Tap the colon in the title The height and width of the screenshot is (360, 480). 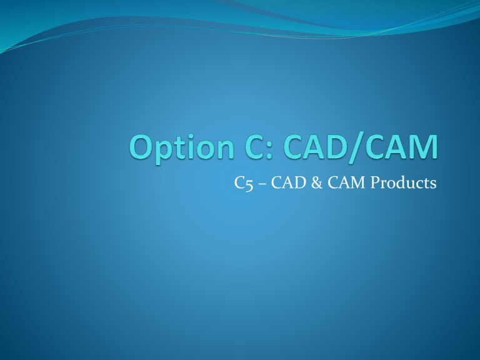269,150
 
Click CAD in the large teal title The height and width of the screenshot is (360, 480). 315,147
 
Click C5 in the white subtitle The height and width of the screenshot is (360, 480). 244,183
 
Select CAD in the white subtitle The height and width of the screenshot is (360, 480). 288,182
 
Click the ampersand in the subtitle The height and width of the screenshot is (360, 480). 317,182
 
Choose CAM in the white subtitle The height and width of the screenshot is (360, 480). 346,182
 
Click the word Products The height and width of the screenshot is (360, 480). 403,182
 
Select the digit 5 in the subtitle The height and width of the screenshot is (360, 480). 249,185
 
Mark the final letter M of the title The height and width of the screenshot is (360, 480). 424,147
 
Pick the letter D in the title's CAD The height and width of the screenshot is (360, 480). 336,147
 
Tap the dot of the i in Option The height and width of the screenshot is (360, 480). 191,137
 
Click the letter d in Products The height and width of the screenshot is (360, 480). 404,182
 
